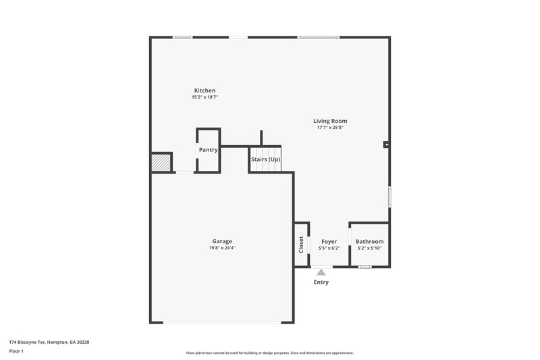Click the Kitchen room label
point(205,91)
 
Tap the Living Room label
point(330,121)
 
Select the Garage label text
point(222,241)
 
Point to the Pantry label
point(208,150)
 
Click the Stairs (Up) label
point(265,159)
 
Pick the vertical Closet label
point(301,244)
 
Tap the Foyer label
point(329,241)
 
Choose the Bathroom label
point(369,241)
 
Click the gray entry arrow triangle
point(321,272)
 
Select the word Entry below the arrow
point(321,282)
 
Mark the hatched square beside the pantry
point(161,162)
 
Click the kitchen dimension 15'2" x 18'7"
point(205,97)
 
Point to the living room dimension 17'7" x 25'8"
point(330,128)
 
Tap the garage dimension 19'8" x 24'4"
point(222,248)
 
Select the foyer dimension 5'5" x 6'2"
point(329,248)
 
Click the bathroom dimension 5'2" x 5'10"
point(369,248)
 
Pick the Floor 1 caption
point(17,351)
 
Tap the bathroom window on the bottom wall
point(364,267)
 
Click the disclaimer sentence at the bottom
point(270,353)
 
